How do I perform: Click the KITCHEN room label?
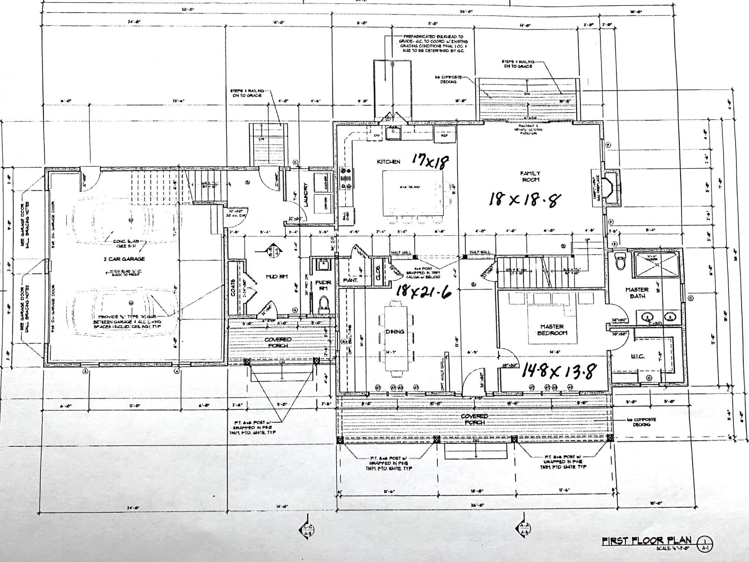[x=389, y=162]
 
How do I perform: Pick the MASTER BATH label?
[x=637, y=293]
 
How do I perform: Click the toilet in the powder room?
[x=324, y=304]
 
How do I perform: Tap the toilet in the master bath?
[x=620, y=262]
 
